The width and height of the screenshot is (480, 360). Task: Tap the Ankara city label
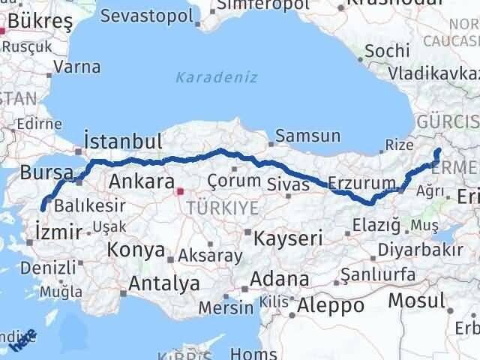[142, 181]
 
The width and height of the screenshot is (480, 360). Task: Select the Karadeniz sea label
[217, 76]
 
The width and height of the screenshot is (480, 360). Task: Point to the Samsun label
[307, 137]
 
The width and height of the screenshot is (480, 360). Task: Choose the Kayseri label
[288, 239]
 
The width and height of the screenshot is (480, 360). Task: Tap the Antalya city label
[164, 283]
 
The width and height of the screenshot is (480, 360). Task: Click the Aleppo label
[330, 305]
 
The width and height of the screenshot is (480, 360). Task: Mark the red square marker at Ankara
[178, 191]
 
